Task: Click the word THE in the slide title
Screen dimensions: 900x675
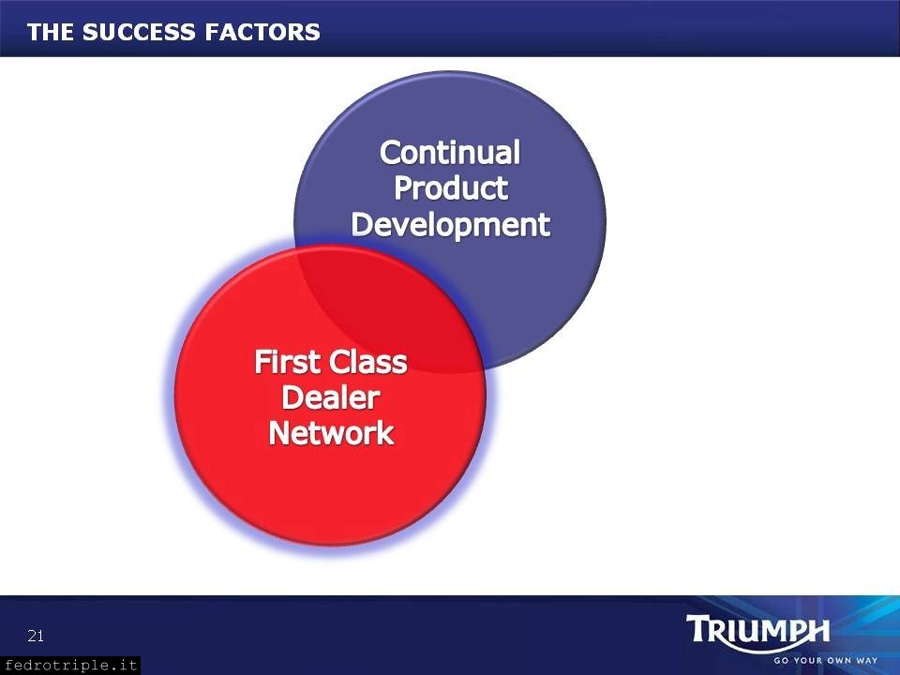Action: pos(51,32)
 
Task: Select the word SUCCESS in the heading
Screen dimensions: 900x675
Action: pos(139,32)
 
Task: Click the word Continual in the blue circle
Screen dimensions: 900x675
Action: pos(450,153)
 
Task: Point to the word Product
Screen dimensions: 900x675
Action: pos(451,187)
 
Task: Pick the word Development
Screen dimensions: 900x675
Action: pos(451,224)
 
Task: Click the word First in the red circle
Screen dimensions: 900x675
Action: pos(288,362)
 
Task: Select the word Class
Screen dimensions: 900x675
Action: pos(368,362)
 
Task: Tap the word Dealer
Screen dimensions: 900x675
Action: pos(331,397)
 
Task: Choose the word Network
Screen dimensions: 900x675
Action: pos(331,433)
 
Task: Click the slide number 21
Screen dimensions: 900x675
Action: pos(36,636)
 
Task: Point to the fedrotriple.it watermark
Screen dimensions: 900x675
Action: pos(70,666)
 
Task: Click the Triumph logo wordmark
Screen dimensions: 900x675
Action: pos(757,630)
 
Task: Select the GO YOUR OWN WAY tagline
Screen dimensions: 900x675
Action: pos(825,661)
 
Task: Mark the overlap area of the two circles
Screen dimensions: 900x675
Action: pos(390,310)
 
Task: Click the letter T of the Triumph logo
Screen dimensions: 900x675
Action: pos(697,628)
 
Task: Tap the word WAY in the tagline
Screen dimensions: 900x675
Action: pos(866,661)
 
